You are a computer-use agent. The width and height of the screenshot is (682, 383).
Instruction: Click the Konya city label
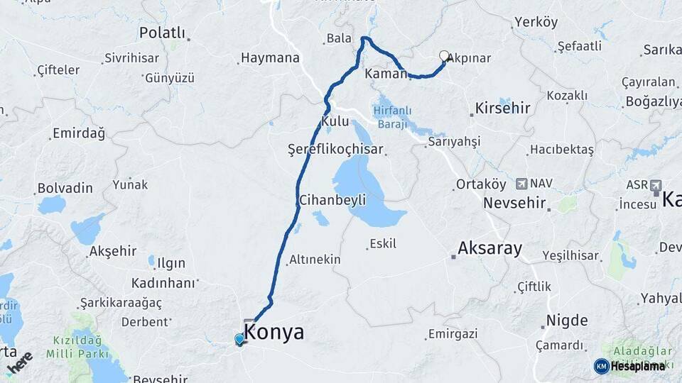274,332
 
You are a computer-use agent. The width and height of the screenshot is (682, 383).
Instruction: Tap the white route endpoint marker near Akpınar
445,56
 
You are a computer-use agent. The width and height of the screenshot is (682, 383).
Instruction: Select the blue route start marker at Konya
239,340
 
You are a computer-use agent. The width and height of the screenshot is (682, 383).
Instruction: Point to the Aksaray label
490,249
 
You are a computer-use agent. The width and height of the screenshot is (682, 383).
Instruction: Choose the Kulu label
335,122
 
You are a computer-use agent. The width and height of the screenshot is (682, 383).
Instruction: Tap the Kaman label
384,74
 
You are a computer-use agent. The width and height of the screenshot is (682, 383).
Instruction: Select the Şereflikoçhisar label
335,150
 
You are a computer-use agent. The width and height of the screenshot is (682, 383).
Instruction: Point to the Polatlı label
162,33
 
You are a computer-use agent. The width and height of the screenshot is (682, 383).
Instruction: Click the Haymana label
270,58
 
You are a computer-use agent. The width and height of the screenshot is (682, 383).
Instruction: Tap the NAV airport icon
522,184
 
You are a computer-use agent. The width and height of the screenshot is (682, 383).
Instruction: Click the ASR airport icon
654,184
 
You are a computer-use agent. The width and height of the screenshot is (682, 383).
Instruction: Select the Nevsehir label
514,204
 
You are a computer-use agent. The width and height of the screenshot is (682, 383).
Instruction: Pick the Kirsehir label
501,109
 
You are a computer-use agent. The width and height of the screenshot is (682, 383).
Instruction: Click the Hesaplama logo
629,366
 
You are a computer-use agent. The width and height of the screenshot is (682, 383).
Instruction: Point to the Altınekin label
315,260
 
